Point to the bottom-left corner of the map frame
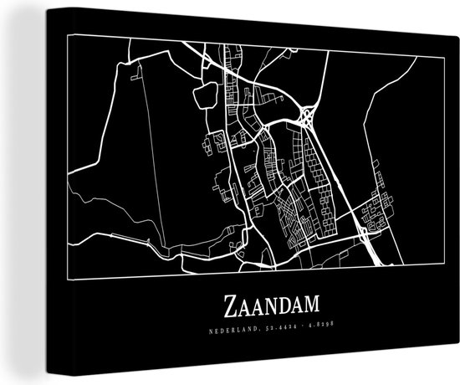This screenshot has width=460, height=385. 69,282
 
